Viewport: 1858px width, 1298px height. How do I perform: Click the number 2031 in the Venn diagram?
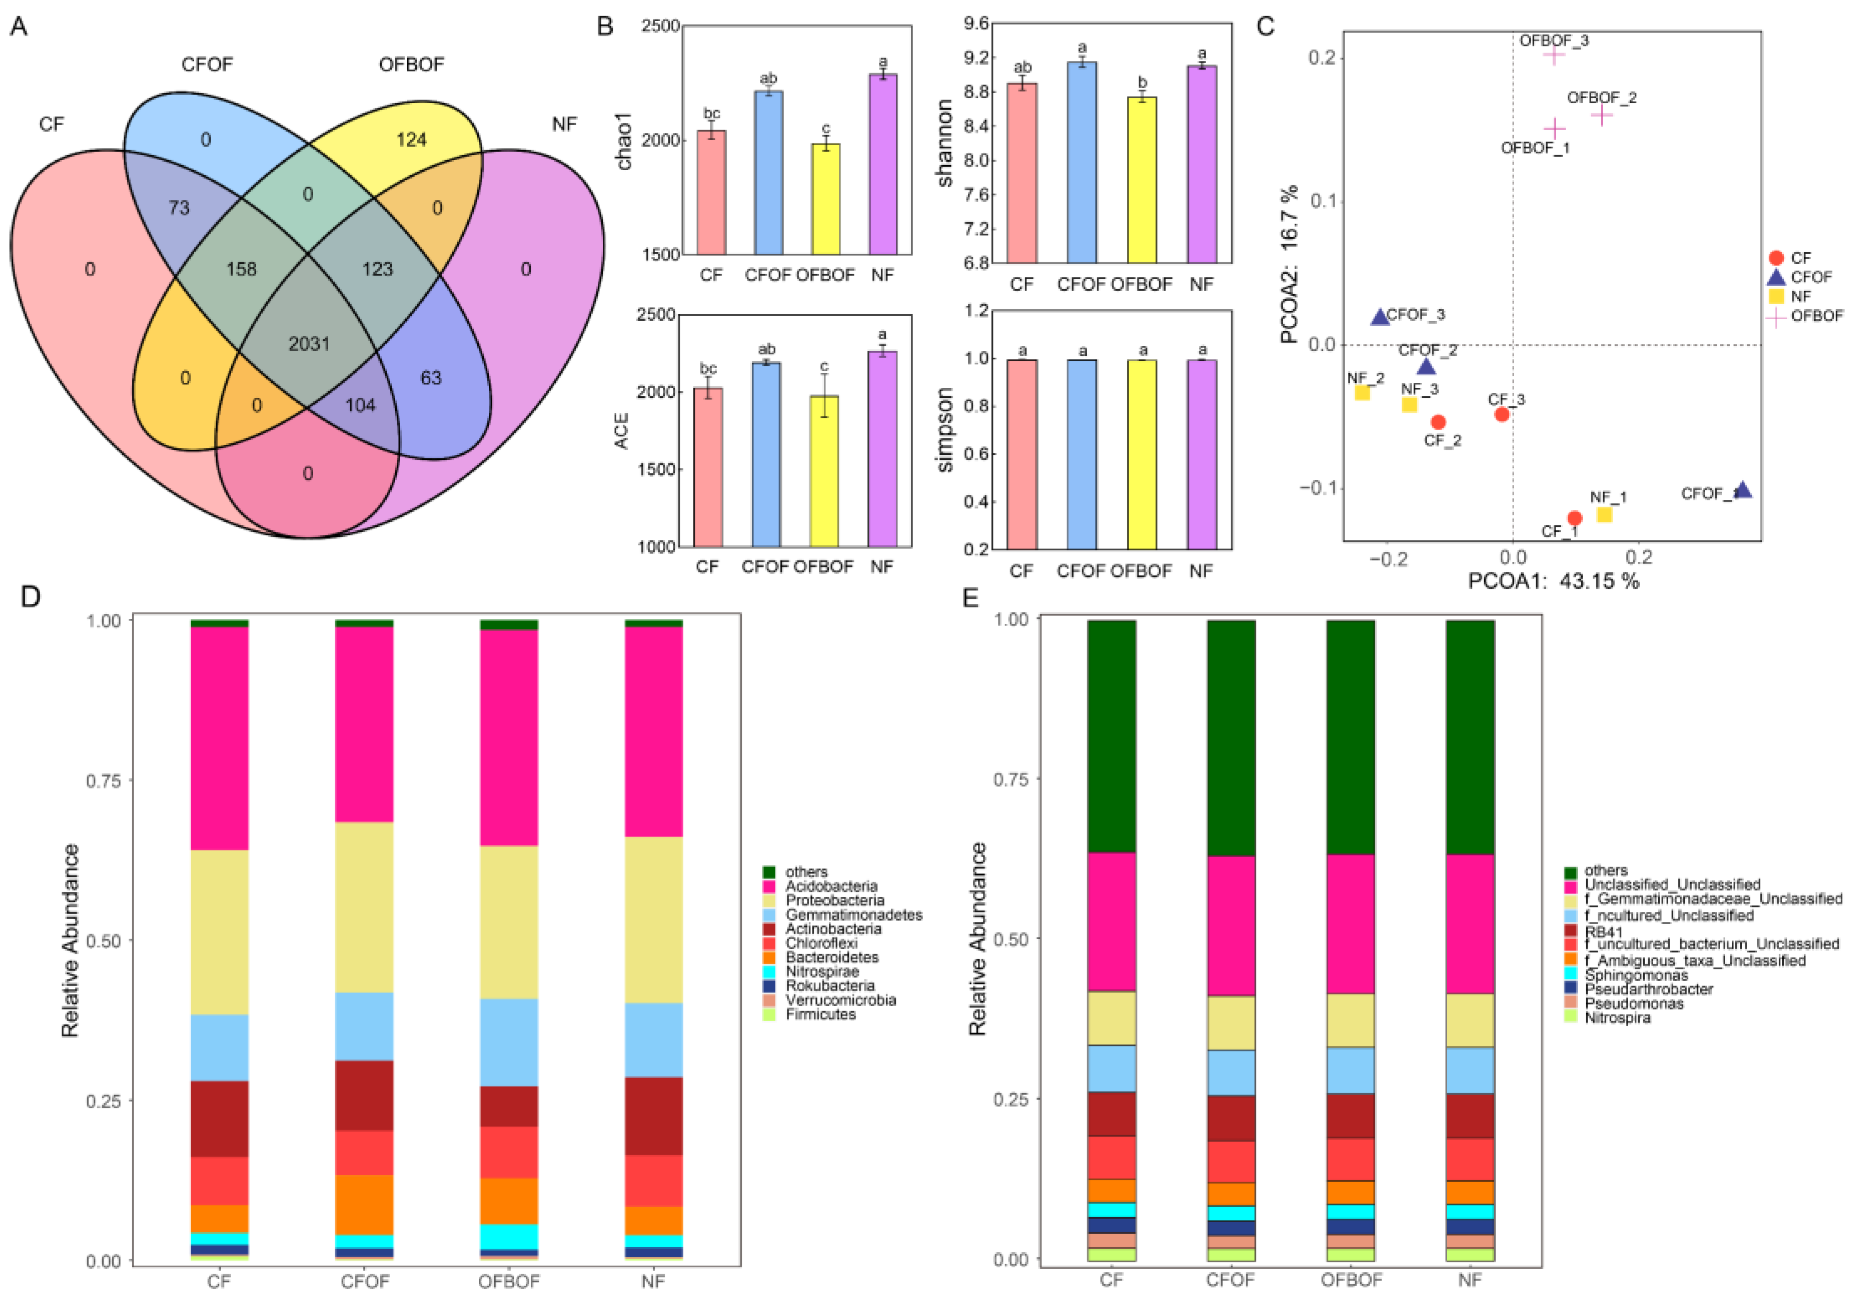point(309,344)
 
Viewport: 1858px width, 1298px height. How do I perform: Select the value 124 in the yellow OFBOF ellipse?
point(411,140)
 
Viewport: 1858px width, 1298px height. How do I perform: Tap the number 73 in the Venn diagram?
point(179,208)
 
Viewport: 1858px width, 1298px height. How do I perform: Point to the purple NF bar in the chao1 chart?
point(883,164)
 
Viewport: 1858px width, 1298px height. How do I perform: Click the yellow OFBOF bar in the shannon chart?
point(1142,180)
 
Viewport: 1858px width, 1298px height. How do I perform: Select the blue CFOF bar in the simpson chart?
point(1082,454)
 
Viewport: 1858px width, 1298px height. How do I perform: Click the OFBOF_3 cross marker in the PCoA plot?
point(1554,55)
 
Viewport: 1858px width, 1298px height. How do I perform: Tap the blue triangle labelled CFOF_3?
point(1380,317)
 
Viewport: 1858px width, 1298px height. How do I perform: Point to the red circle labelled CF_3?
point(1502,414)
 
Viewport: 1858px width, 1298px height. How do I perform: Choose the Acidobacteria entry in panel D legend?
point(831,886)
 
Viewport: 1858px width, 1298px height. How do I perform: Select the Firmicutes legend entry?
point(820,1014)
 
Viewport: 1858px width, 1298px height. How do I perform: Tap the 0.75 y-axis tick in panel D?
point(104,780)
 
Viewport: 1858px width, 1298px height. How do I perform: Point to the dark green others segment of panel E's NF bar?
point(1470,737)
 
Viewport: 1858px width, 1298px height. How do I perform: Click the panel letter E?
point(970,597)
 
